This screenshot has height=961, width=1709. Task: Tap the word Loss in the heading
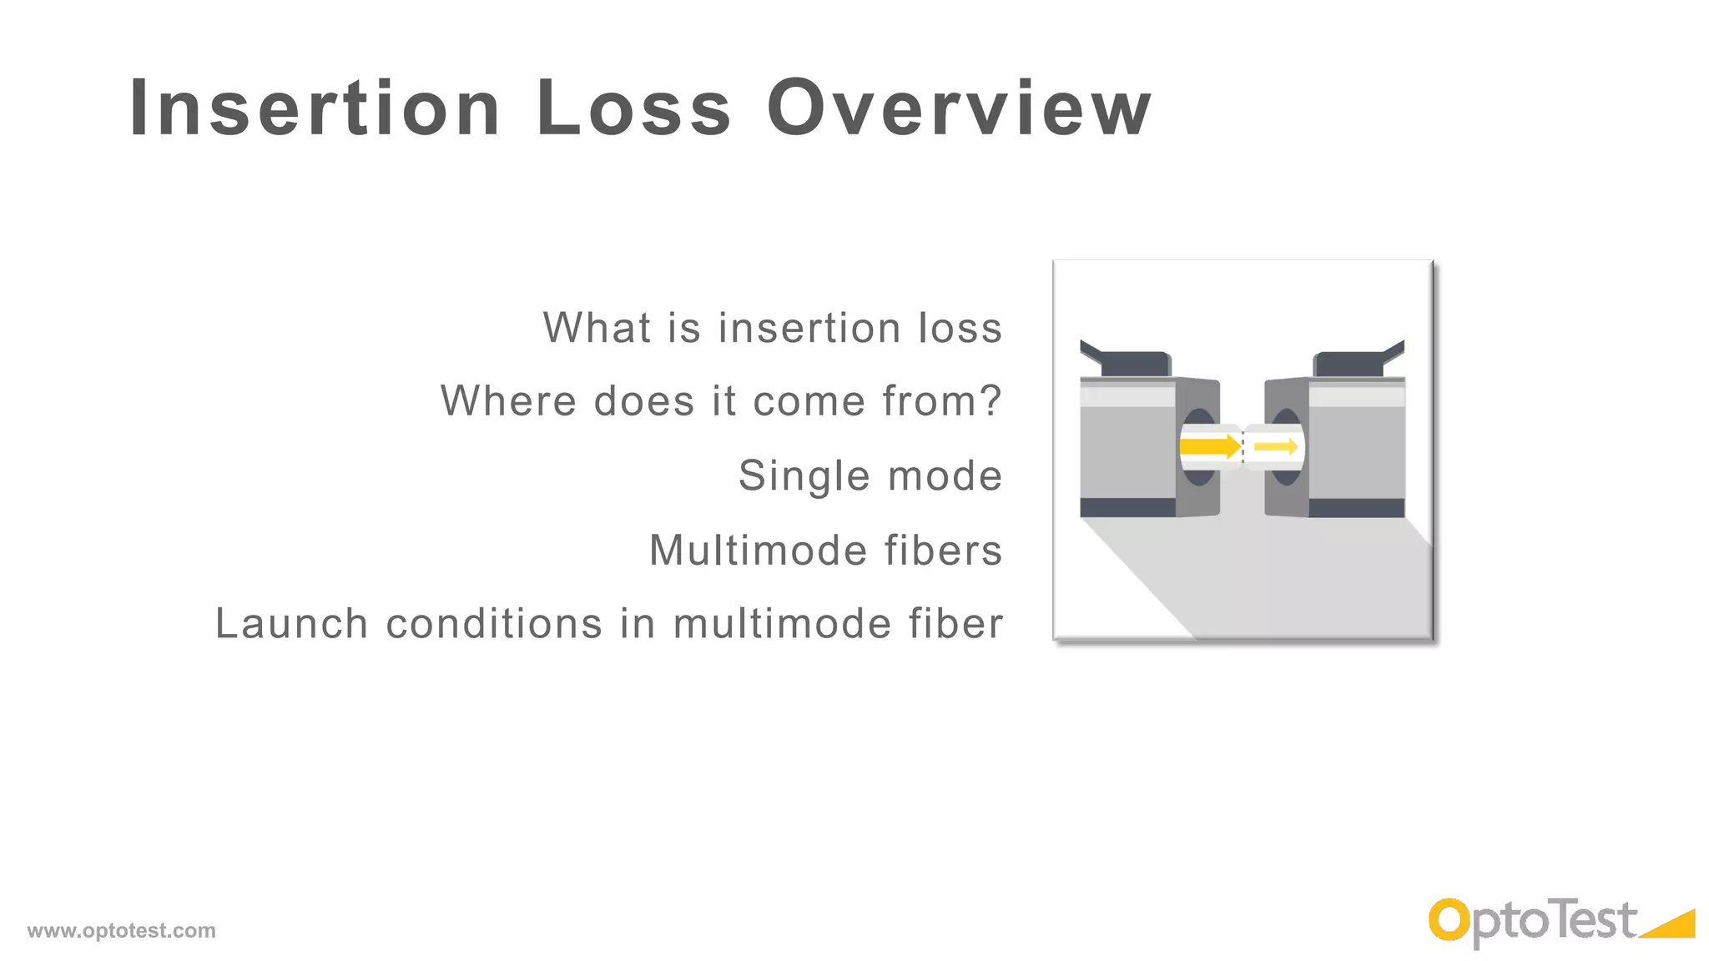[634, 108]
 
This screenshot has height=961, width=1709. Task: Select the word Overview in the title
[960, 108]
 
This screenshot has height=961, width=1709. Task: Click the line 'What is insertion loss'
[772, 327]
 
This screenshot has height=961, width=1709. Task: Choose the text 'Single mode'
[870, 475]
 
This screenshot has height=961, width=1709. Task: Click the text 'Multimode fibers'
[825, 550]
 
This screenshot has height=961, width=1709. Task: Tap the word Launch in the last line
[292, 624]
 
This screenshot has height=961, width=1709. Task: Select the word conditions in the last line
[494, 624]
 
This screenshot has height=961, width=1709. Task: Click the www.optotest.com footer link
[121, 930]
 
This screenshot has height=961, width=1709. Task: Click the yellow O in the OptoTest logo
[1449, 921]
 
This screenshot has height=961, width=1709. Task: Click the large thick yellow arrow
[1210, 446]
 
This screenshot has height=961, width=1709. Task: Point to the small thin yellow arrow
[1275, 447]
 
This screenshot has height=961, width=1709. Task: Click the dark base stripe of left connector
[1127, 507]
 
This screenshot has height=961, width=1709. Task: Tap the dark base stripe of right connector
[1356, 507]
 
